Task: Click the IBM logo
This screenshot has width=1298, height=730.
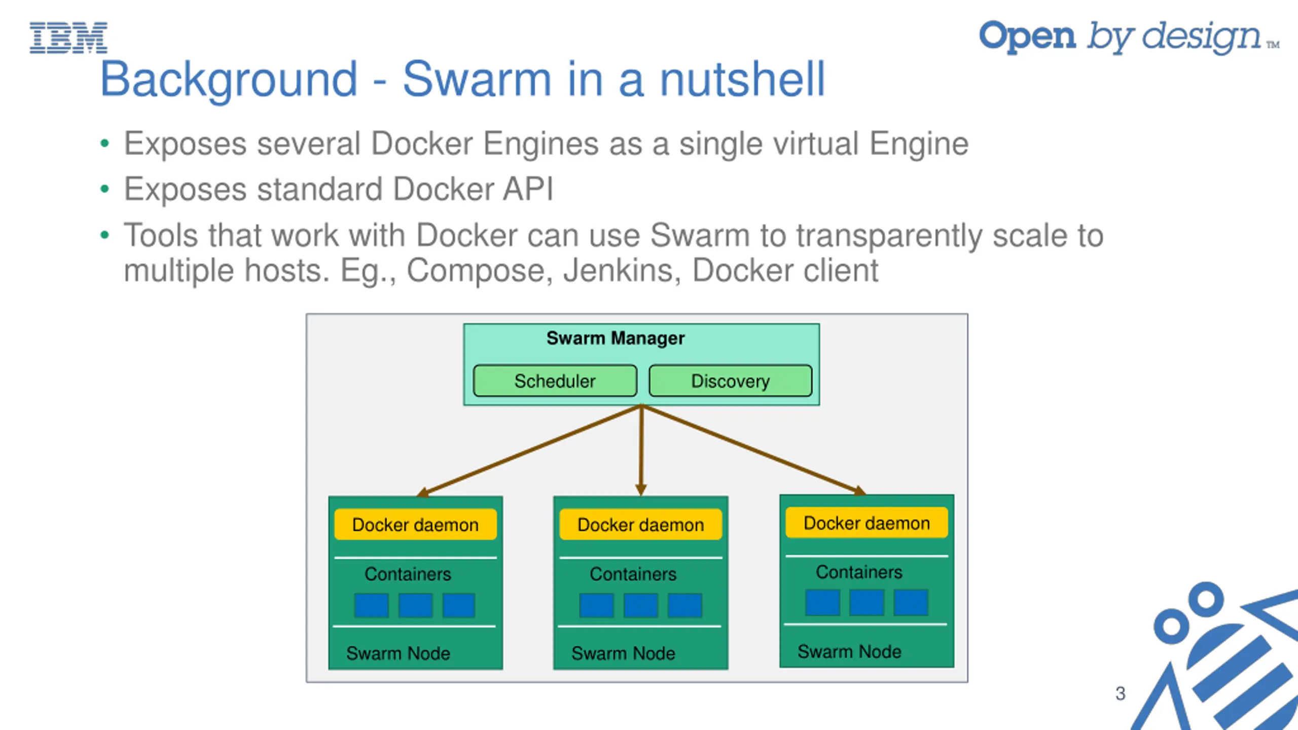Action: pyautogui.click(x=68, y=38)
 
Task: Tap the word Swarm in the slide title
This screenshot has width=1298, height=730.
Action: pyautogui.click(x=477, y=80)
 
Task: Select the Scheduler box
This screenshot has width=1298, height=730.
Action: pyautogui.click(x=555, y=381)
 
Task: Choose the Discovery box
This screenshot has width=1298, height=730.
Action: pyautogui.click(x=730, y=381)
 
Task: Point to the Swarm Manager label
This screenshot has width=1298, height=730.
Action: pyautogui.click(x=615, y=338)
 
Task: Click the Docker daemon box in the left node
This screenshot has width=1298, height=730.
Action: pyautogui.click(x=415, y=525)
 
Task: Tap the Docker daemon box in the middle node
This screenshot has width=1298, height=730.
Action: pyautogui.click(x=640, y=525)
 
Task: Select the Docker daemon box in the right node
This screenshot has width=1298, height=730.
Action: pyautogui.click(x=867, y=523)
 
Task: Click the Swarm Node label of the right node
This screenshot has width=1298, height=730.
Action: pyautogui.click(x=849, y=651)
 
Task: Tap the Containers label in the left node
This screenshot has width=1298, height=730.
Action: pyautogui.click(x=408, y=574)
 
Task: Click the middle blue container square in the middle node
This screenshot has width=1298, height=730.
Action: pyautogui.click(x=640, y=605)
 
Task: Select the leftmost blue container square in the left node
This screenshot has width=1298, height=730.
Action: pyautogui.click(x=371, y=605)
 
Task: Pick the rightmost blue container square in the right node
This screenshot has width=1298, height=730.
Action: pyautogui.click(x=911, y=603)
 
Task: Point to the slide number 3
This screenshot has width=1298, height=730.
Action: pyautogui.click(x=1120, y=693)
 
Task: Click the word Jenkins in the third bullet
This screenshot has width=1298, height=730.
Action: pyautogui.click(x=622, y=271)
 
